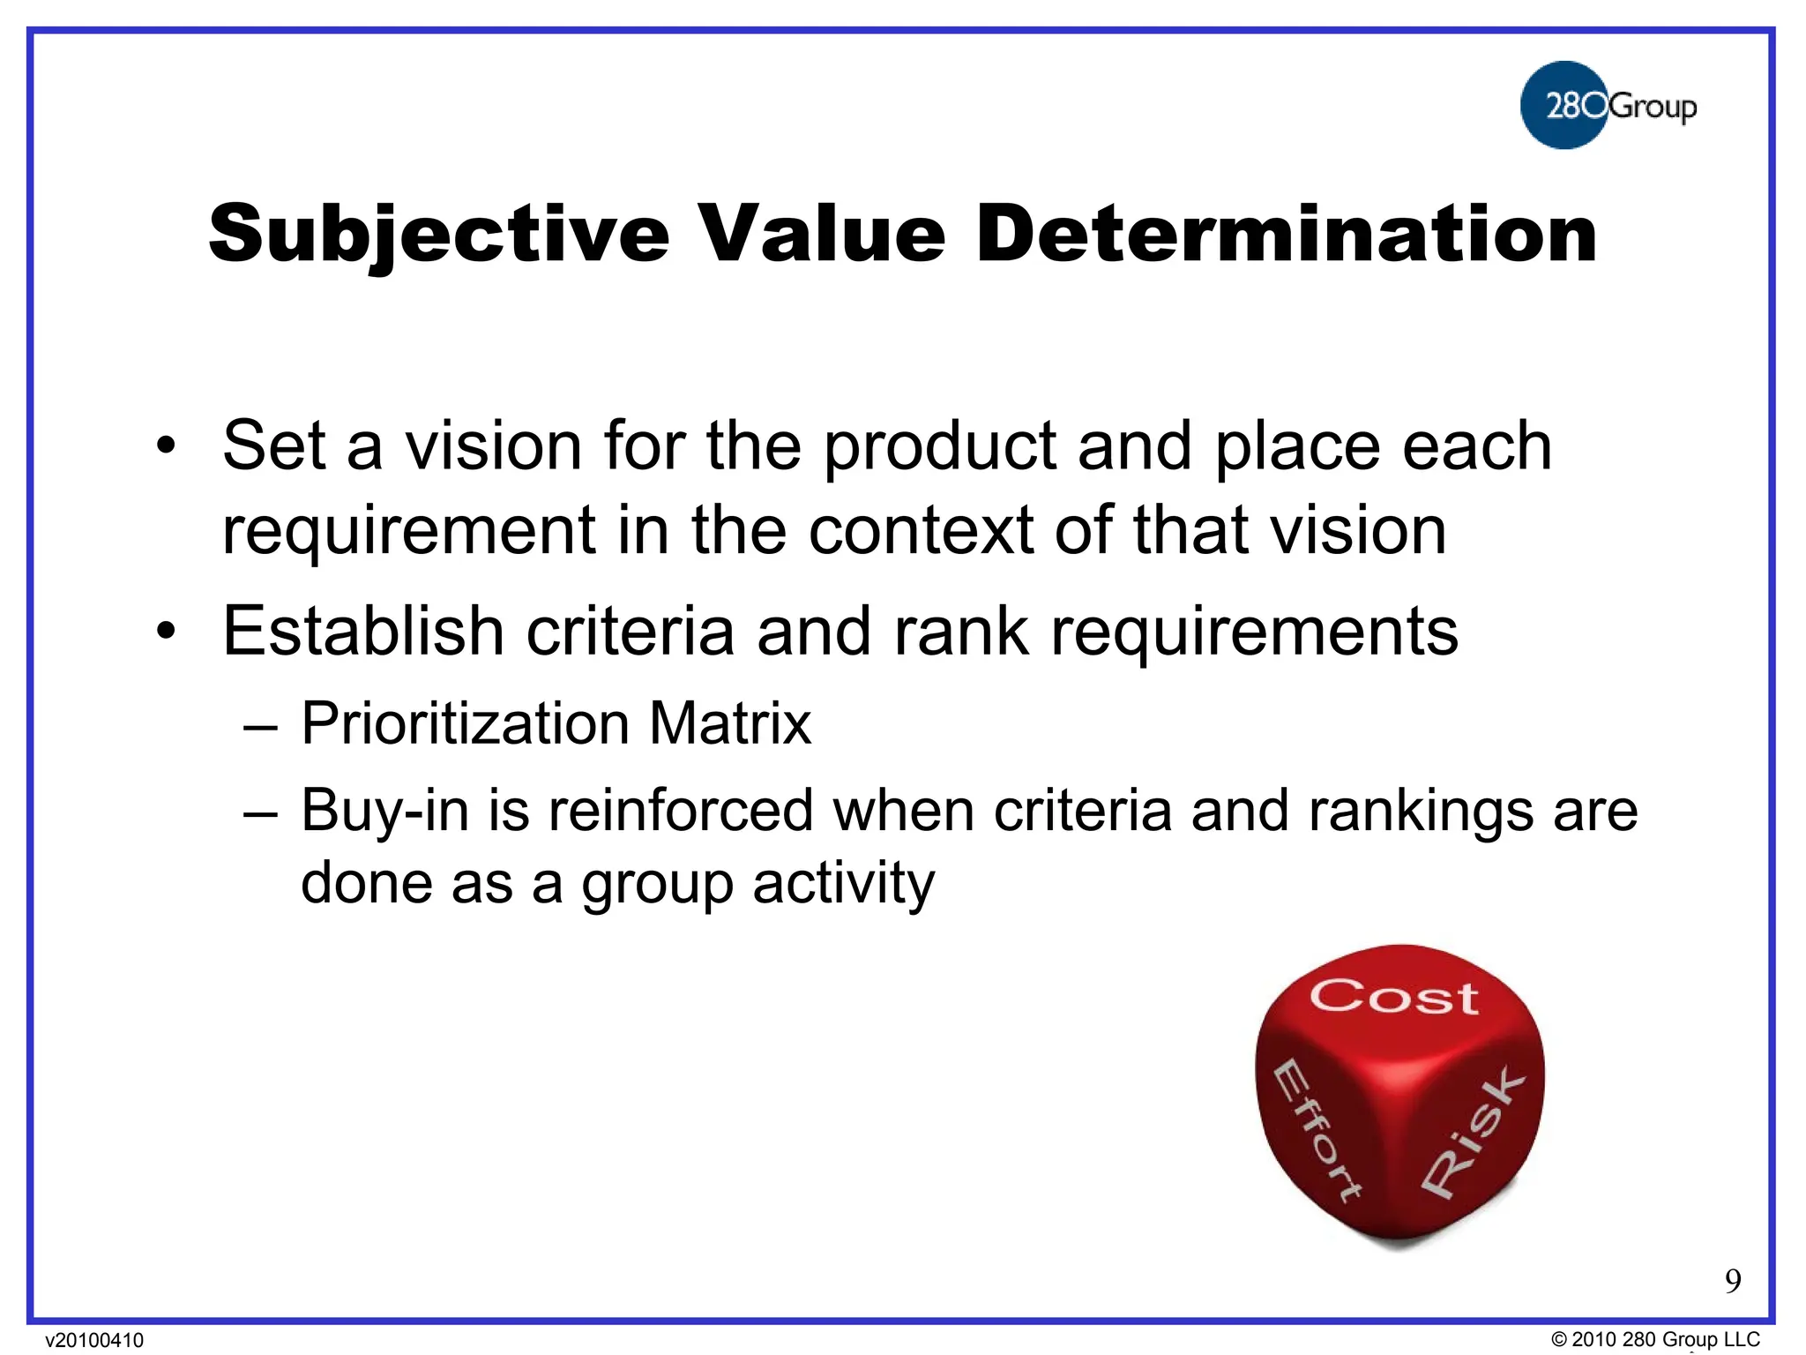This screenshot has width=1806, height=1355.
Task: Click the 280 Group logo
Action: (1607, 105)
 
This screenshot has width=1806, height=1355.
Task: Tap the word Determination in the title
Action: (1287, 234)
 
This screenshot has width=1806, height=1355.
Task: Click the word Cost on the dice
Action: (1393, 997)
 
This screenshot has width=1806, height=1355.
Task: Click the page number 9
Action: (1733, 1281)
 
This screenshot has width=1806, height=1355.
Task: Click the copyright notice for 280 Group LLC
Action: (1655, 1339)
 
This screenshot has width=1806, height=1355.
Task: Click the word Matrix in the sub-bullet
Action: (729, 724)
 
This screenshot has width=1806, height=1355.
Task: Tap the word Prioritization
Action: (465, 724)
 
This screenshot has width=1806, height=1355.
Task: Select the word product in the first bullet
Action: (939, 447)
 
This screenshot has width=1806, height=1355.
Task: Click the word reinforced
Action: (680, 811)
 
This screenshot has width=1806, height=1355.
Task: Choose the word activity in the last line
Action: (843, 883)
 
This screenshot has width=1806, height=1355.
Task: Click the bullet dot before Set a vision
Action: (166, 446)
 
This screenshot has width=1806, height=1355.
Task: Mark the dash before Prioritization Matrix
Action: (261, 726)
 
